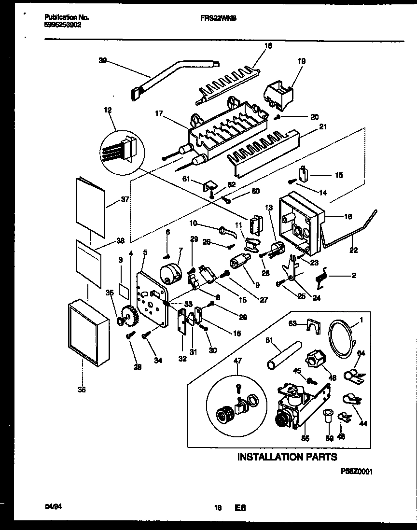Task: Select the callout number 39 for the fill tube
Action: pos(102,61)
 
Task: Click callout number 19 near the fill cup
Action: pos(302,61)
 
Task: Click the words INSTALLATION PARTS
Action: pos(287,456)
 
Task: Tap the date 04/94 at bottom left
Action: pos(47,507)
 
